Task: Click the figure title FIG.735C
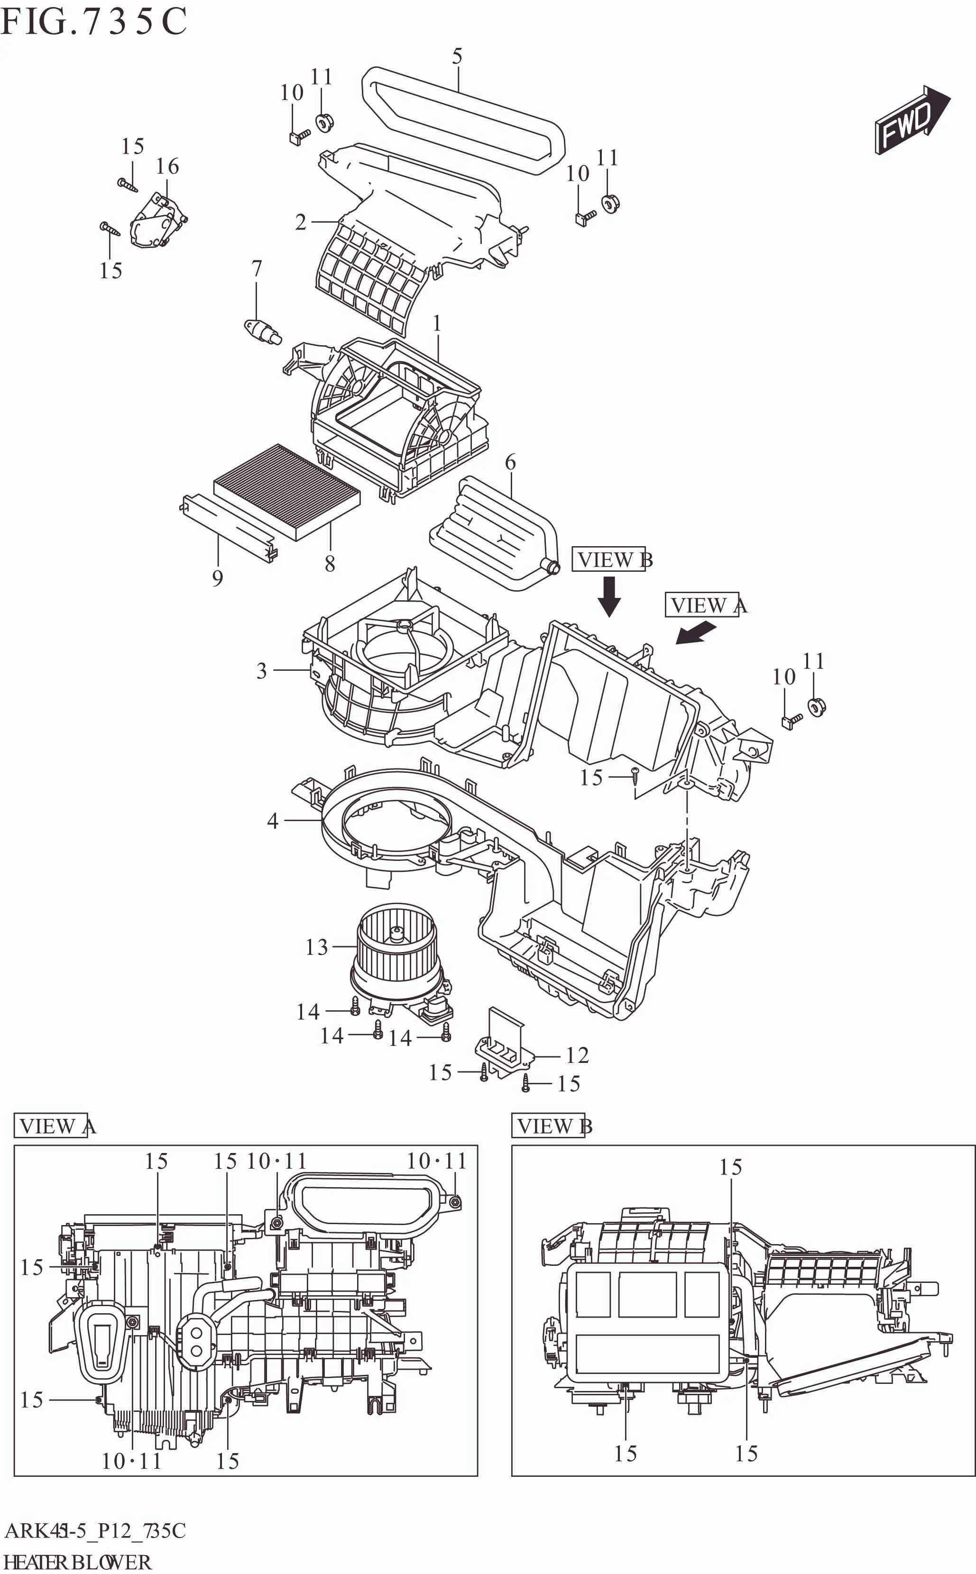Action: (93, 22)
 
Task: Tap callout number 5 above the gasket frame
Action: (457, 57)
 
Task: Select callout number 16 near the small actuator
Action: (167, 166)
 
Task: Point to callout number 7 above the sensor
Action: (256, 268)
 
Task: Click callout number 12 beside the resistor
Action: (577, 1055)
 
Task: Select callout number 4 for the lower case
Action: (272, 821)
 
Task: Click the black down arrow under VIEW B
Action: (609, 596)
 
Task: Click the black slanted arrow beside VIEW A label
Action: (696, 632)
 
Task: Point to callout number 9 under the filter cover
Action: (218, 577)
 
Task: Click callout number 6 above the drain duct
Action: (510, 462)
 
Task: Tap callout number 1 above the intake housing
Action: (437, 323)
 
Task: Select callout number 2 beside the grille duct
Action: (301, 222)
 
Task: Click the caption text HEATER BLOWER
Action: (77, 1562)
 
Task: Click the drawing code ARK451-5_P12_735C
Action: (95, 1530)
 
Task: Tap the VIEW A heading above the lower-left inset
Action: (55, 1126)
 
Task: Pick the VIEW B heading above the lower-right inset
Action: (552, 1126)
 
